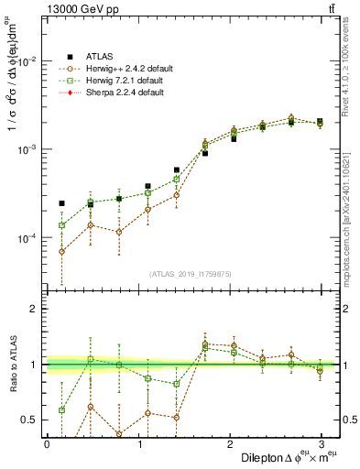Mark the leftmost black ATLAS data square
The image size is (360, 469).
61,203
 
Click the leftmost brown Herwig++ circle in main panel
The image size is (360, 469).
61,251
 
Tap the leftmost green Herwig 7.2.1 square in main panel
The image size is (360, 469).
61,225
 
